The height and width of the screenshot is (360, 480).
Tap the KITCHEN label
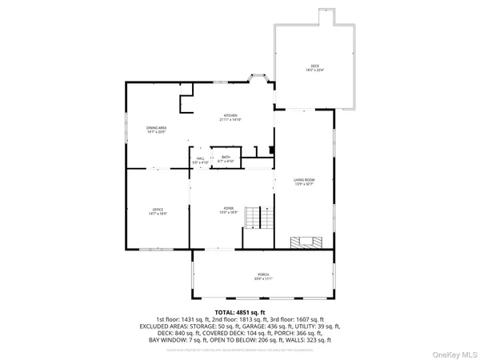point(230,117)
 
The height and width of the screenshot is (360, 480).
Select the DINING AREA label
point(156,129)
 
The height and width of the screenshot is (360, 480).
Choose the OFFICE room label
point(158,210)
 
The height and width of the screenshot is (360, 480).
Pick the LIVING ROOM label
point(304,181)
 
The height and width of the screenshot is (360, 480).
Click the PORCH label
point(263,276)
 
